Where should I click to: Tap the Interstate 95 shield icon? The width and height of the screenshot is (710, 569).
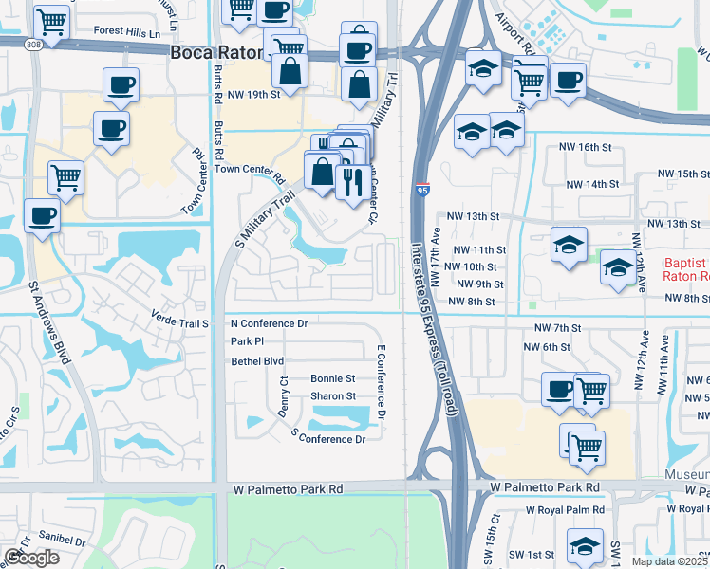tap(422, 190)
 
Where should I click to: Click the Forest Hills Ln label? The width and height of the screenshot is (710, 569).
tap(128, 32)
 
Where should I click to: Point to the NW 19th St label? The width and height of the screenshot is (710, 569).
tap(255, 96)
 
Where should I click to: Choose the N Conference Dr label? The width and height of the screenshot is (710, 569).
tap(270, 323)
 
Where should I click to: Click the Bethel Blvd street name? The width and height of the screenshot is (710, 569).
tap(257, 361)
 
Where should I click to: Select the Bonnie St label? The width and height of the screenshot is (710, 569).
tap(332, 378)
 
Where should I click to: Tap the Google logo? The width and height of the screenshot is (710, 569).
tap(32, 558)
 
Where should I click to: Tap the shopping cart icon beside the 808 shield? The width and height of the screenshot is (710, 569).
tap(50, 20)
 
